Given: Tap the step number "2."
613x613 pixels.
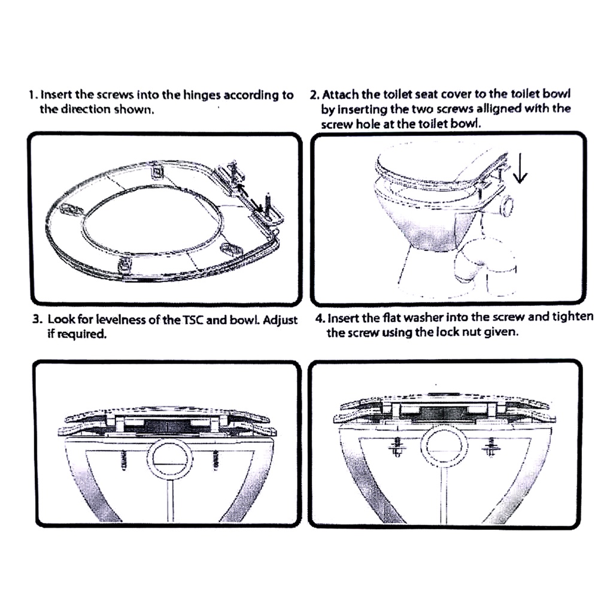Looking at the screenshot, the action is [x=315, y=95].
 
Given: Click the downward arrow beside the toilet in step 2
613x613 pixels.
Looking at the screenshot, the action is [x=520, y=167].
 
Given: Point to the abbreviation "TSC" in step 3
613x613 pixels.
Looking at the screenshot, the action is [x=193, y=320].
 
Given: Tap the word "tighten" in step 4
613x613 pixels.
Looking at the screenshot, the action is [x=573, y=317].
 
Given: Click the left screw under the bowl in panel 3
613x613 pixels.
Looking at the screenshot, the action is [x=125, y=460].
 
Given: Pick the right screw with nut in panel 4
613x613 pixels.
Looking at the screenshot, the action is [x=490, y=447].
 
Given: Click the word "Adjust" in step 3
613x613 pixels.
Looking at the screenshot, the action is [x=280, y=320].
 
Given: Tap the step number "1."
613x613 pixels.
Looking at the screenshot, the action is [x=34, y=95].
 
